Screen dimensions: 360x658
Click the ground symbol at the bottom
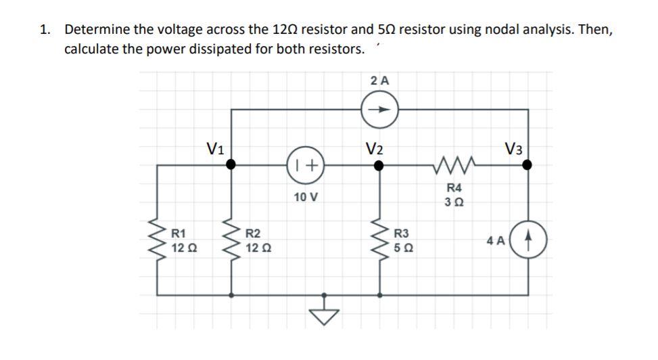click(x=325, y=312)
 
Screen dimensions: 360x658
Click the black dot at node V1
click(x=231, y=164)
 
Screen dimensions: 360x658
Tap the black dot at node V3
click(x=527, y=164)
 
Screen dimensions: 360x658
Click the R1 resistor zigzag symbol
click(x=159, y=241)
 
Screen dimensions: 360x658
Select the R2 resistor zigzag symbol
click(x=231, y=241)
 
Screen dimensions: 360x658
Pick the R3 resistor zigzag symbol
click(x=380, y=241)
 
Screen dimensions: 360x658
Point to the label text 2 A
click(x=380, y=80)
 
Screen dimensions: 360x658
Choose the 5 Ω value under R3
click(x=402, y=248)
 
